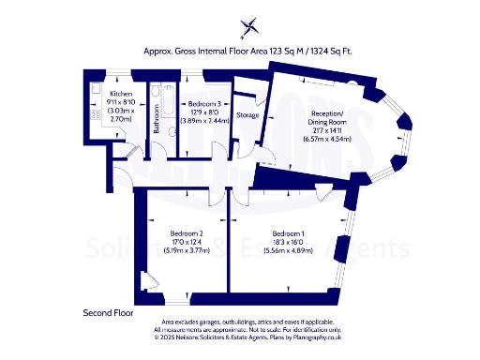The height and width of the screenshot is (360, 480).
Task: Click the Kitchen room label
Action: click(120, 95)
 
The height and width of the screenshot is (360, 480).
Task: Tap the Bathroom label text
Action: click(157, 125)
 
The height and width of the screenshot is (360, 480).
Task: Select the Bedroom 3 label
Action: click(205, 103)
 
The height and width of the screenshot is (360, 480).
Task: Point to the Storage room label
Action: click(247, 115)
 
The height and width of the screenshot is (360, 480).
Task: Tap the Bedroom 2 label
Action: click(187, 233)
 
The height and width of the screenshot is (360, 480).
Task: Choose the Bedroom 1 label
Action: click(289, 233)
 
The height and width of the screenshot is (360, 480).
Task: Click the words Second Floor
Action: click(108, 312)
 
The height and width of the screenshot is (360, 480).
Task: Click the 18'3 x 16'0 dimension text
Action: click(289, 242)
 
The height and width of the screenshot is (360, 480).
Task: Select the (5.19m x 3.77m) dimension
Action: click(187, 250)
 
